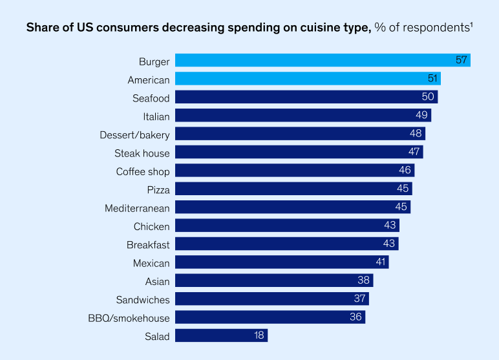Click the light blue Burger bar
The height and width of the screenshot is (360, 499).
pos(322,61)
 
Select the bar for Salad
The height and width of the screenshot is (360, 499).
pos(220,336)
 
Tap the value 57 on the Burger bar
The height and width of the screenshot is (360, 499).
pos(461,61)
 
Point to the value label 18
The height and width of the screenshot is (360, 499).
pos(258,336)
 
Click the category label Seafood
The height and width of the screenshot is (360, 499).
pos(151,98)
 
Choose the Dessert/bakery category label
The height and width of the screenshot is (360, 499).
pos(134,135)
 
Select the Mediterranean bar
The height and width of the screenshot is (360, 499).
pos(292,208)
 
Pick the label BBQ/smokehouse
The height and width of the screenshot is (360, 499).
pos(129,318)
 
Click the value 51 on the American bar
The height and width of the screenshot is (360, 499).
pos(432,79)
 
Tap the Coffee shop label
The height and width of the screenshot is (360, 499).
pos(143,172)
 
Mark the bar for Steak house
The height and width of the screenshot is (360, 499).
pos(299,153)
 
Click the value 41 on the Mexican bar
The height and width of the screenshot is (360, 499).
pos(380,263)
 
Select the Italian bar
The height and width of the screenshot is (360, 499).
pos(303,116)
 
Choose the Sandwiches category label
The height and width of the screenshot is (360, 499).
pos(143,300)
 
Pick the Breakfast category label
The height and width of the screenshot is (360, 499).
pos(148,245)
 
